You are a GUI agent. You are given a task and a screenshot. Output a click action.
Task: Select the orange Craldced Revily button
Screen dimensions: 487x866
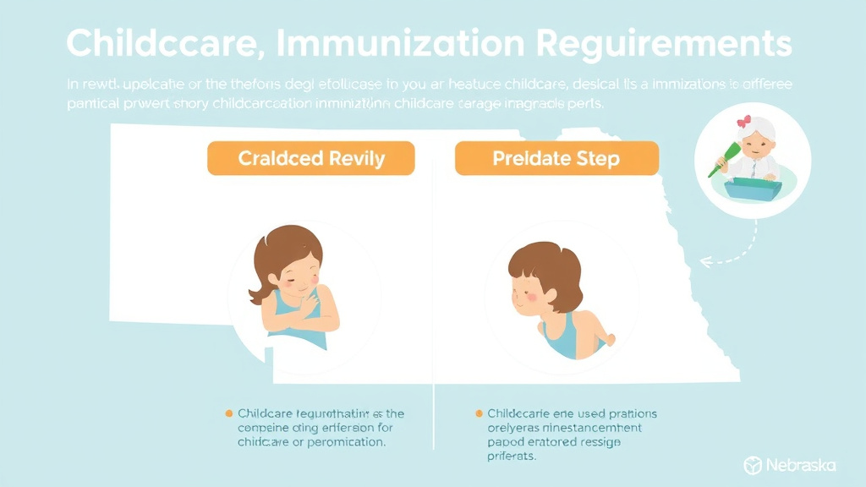(x=311, y=158)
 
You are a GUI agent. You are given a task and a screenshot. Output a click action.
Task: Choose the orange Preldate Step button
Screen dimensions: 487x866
(x=556, y=158)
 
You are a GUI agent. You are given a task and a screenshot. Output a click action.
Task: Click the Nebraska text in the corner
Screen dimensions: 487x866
(x=800, y=465)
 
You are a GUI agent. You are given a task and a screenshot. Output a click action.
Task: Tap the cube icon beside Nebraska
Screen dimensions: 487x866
(x=753, y=465)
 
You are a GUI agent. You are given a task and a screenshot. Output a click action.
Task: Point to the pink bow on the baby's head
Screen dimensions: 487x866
(x=744, y=122)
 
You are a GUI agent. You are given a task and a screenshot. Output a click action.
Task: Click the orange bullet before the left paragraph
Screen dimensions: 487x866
(x=228, y=413)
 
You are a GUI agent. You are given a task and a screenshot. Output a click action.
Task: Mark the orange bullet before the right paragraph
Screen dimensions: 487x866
(x=480, y=413)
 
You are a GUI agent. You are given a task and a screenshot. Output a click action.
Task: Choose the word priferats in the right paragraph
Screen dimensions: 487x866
(x=511, y=457)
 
